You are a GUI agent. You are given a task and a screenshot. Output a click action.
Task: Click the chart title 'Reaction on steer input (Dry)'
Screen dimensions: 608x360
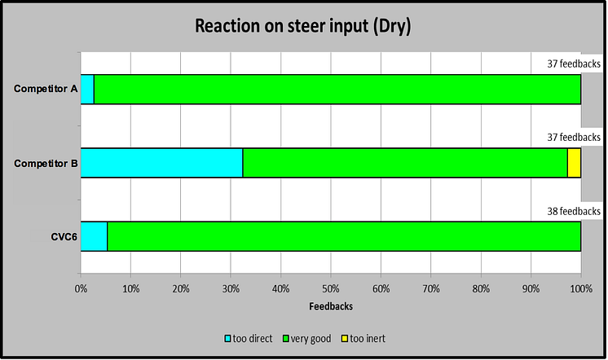click(x=303, y=26)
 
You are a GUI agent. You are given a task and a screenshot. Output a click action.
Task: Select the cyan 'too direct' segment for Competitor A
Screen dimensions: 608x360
click(x=87, y=90)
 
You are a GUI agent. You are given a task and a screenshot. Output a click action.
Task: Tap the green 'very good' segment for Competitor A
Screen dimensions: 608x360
click(x=337, y=90)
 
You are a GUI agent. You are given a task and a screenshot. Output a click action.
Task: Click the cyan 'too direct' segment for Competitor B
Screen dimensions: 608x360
click(x=161, y=163)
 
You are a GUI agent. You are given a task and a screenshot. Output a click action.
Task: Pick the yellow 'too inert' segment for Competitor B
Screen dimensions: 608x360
click(x=575, y=163)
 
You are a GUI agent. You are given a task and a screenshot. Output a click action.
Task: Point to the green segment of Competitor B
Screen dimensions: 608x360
click(x=405, y=163)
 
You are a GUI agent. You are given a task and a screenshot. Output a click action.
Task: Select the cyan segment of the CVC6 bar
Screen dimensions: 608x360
click(x=94, y=236)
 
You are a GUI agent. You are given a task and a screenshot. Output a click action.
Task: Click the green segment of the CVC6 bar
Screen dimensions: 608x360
click(x=344, y=236)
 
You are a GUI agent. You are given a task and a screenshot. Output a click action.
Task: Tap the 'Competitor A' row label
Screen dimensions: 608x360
click(x=46, y=89)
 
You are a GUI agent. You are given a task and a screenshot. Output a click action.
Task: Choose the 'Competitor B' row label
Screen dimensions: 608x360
click(x=46, y=163)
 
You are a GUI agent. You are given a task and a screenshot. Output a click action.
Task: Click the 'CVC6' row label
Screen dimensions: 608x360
click(x=64, y=236)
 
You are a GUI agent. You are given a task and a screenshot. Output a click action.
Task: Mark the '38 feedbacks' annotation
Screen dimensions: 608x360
click(x=574, y=211)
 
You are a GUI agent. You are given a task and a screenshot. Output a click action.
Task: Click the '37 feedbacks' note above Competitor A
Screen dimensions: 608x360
click(x=574, y=64)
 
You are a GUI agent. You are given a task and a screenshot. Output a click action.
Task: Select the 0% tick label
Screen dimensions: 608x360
click(x=81, y=288)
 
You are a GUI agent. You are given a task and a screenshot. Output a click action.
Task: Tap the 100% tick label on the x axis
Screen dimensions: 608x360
click(x=581, y=288)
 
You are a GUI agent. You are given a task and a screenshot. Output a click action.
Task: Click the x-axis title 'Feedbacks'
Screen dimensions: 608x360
click(x=331, y=306)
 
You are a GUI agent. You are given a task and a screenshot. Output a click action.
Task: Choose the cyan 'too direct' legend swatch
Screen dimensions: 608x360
click(x=228, y=338)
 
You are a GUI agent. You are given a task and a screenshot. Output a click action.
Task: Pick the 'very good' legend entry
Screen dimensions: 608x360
click(x=307, y=339)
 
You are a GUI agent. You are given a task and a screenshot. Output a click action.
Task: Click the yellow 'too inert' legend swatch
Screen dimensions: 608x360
click(x=345, y=338)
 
